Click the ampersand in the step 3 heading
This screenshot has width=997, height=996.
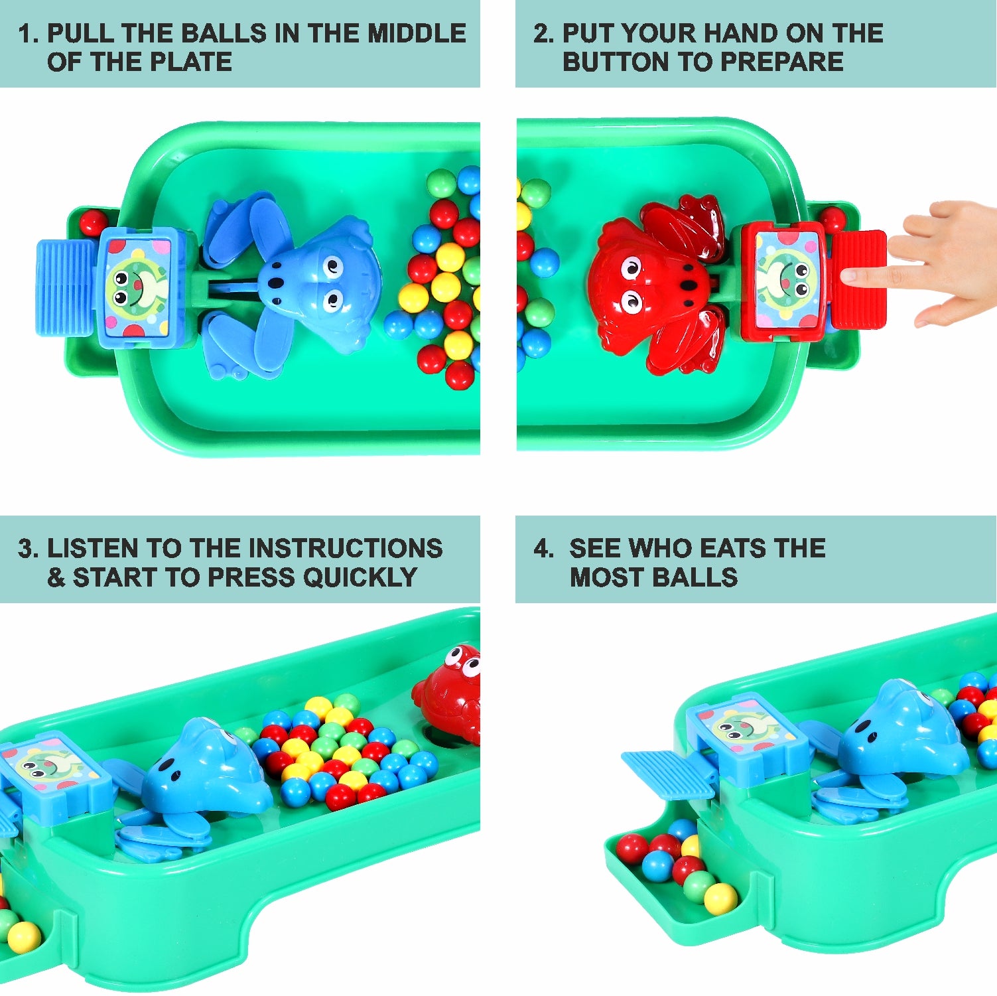point(56,577)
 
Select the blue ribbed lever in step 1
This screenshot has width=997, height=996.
point(66,287)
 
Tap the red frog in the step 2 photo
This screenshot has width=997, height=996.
point(653,285)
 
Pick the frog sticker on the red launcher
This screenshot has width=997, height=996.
point(788,279)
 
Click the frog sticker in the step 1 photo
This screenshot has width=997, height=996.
point(137,287)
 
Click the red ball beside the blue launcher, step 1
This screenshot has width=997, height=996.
point(93,222)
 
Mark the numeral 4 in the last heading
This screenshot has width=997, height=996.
point(541,548)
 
